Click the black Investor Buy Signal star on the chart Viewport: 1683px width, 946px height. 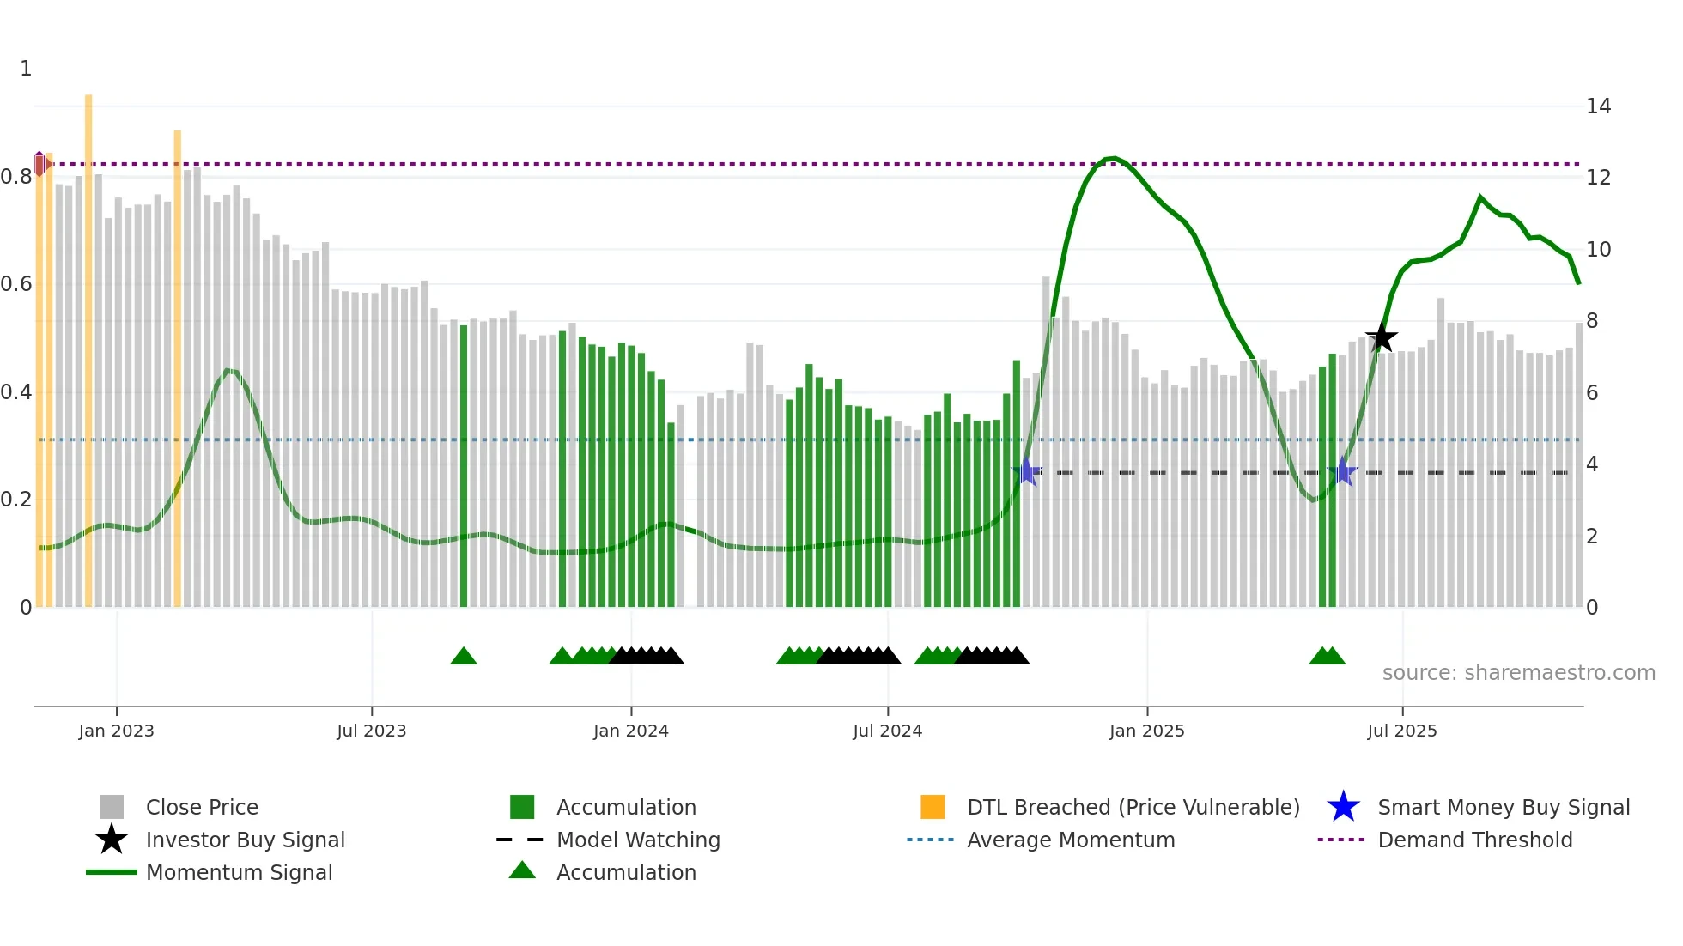pos(1382,337)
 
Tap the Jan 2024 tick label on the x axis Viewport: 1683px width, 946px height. pos(630,731)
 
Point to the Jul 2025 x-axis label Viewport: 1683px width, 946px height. pos(1401,731)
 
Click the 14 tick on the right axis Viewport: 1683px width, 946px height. pos(1598,106)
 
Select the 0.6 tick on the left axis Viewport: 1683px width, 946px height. pos(16,284)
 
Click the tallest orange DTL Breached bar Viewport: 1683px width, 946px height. pos(88,343)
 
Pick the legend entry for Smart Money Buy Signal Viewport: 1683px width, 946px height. pos(1503,807)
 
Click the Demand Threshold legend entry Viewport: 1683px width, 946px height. pos(1474,840)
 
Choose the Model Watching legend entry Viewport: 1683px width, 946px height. pos(637,840)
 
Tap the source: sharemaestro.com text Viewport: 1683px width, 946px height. pos(1518,673)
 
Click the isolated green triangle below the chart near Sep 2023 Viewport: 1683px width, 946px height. pos(464,657)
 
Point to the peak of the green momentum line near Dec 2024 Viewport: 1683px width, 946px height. pos(1112,158)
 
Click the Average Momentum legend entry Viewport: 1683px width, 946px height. pos(1070,840)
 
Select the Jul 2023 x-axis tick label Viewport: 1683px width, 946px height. pos(371,731)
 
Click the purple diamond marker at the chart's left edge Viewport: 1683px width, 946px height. pos(40,163)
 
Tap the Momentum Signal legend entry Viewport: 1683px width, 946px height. pos(239,872)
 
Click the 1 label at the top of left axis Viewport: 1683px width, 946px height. pos(26,69)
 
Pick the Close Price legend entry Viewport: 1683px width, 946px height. pos(201,807)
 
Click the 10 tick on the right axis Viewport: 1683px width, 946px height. pos(1598,250)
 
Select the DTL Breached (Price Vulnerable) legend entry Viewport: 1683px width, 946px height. pos(1133,807)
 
